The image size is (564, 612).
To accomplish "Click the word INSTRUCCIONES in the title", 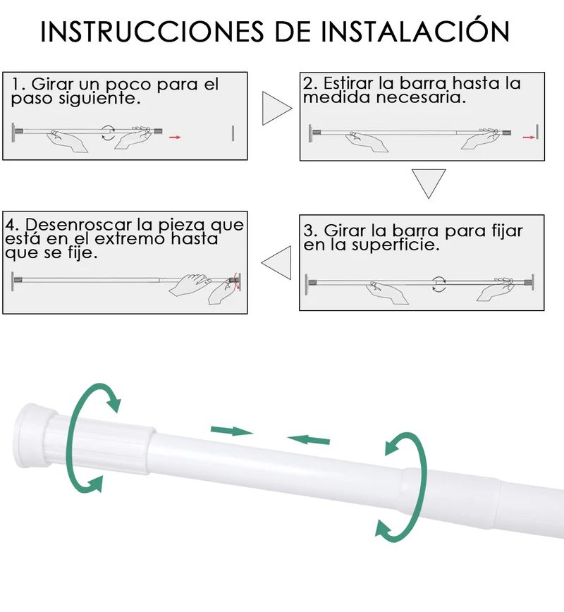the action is pos(152,31).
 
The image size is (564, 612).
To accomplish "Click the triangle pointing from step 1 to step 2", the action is pos(277,108).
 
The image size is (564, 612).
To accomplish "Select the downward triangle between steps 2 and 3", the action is pos(429,183).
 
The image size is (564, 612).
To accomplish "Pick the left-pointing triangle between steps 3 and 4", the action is pos(277,262).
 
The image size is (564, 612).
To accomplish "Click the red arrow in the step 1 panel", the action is pos(175,137).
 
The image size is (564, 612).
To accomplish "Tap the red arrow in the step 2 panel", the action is pos(529,137).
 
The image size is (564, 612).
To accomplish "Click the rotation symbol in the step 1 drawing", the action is pos(108,133).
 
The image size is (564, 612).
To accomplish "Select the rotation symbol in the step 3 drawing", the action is pos(439,284).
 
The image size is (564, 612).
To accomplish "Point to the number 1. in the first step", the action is pos(18,84).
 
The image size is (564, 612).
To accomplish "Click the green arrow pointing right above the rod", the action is pos(232,432).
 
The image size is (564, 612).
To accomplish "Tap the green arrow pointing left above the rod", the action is pos(309,440).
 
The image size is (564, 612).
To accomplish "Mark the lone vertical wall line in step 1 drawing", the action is pos(233,133).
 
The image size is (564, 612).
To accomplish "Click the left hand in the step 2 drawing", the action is pos(367,141).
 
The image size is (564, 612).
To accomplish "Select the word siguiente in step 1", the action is pos(99,99).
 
